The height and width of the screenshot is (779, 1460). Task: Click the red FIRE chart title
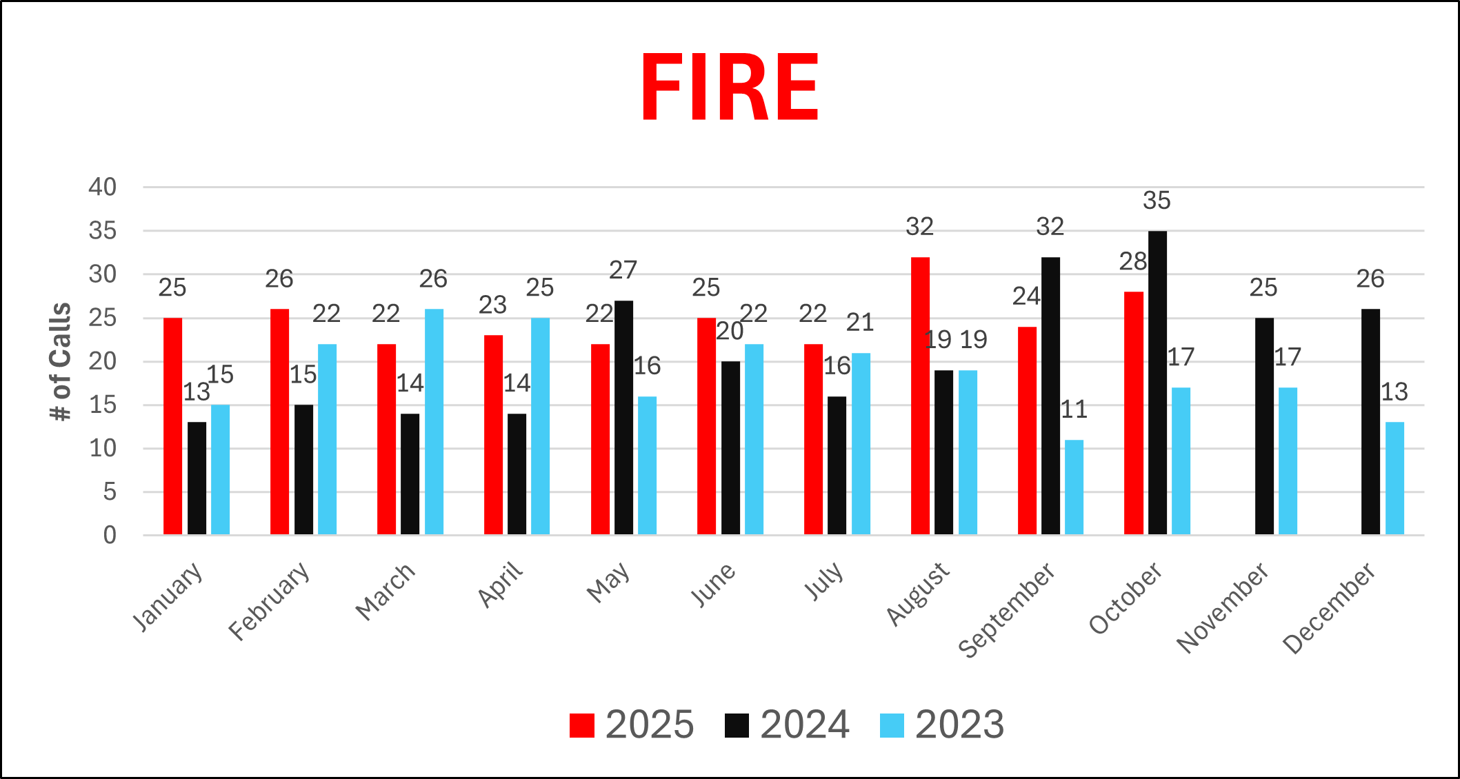coord(730,88)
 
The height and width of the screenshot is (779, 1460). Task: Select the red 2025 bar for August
coord(920,396)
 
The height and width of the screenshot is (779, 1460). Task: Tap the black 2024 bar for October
coord(1157,383)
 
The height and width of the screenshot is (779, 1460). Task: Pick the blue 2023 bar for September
coord(1074,487)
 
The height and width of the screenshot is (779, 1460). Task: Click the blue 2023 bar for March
coord(434,421)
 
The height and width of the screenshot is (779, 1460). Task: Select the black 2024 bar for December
coord(1370,421)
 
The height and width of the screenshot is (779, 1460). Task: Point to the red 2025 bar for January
coord(172,426)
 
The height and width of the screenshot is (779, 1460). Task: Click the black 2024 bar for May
coord(623,417)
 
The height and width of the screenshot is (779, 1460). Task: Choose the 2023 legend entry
coord(942,725)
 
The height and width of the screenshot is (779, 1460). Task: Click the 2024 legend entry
coord(787,725)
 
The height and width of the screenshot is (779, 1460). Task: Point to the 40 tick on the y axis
coord(102,187)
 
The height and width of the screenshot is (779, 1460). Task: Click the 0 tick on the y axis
coord(110,535)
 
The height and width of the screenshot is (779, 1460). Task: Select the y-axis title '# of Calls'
coord(61,361)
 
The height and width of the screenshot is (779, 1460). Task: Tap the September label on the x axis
coord(1008,609)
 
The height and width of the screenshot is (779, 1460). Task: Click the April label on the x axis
coord(501,585)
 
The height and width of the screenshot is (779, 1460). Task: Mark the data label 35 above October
coord(1157,201)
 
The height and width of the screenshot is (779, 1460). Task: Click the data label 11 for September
coord(1074,409)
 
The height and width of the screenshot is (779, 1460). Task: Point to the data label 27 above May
coord(623,270)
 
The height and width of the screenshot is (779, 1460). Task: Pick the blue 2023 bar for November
coord(1288,461)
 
